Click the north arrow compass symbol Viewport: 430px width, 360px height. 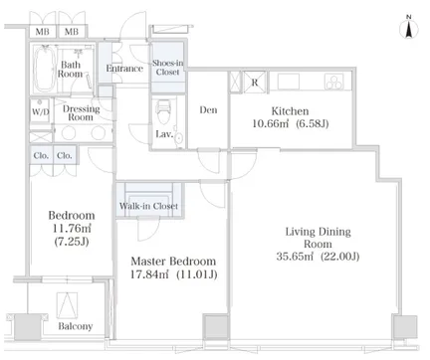(x=409, y=29)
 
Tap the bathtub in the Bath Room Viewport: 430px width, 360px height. (x=45, y=69)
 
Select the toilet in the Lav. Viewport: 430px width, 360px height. (x=163, y=111)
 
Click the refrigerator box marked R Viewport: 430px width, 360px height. (x=255, y=82)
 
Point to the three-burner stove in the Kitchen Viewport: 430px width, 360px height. (x=334, y=82)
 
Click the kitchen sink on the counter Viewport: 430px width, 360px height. (x=289, y=82)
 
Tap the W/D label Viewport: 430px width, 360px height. (x=41, y=111)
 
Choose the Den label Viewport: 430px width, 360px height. (x=208, y=109)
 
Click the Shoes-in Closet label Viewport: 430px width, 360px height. (x=168, y=68)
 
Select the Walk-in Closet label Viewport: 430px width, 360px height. (x=148, y=206)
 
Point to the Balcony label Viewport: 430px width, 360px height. (x=76, y=326)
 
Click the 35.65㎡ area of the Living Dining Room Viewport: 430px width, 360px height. (x=295, y=257)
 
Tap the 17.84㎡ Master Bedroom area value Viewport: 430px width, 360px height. (x=149, y=274)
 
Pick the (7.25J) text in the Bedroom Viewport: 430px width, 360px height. (x=72, y=242)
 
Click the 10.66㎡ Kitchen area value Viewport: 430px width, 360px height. (x=271, y=123)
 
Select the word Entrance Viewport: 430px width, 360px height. (x=124, y=69)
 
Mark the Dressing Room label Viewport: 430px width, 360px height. (x=81, y=113)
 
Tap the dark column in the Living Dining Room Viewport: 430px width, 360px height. (x=404, y=326)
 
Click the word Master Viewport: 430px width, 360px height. (x=150, y=262)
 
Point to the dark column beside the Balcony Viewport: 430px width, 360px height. (x=28, y=326)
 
